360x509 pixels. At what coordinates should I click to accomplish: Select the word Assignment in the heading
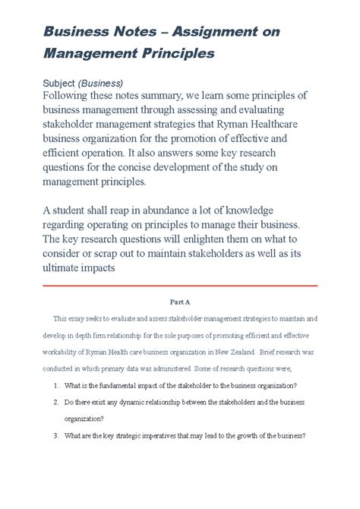pyautogui.click(x=219, y=32)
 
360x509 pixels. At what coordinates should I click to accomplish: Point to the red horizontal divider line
pyautogui.click(x=179, y=286)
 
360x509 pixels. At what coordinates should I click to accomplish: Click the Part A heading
pyautogui.click(x=179, y=301)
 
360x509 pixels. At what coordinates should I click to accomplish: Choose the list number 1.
pyautogui.click(x=57, y=386)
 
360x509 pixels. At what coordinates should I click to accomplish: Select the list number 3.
pyautogui.click(x=57, y=436)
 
